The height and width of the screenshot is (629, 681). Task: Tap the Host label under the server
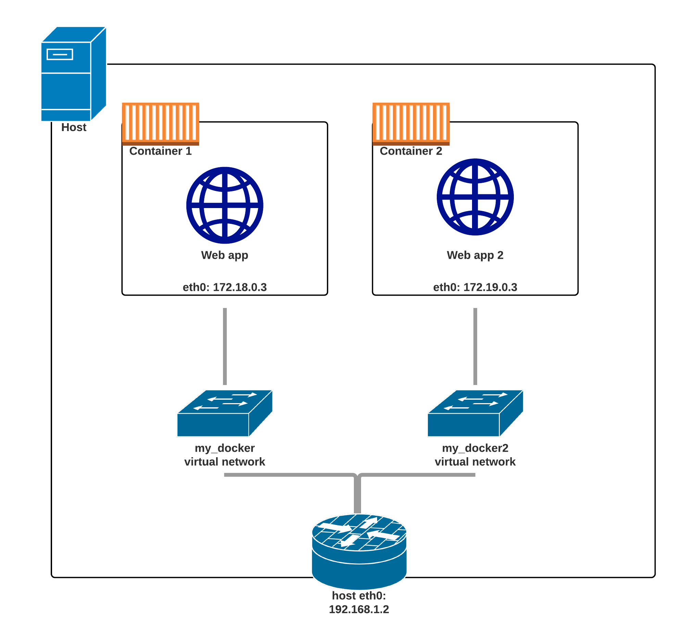coord(74,127)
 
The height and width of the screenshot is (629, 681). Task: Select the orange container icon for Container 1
coord(161,124)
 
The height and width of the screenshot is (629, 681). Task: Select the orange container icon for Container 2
coord(411,124)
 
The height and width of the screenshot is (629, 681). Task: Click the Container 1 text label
coord(160,151)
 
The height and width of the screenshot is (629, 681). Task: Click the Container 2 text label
coord(411,151)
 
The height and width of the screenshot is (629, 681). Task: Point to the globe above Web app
coord(225,205)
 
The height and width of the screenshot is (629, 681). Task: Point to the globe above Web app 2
coord(475,197)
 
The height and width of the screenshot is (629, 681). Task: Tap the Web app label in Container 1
coord(225,255)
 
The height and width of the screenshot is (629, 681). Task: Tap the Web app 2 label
coord(475,255)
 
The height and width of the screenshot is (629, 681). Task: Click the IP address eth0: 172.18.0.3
coord(225,287)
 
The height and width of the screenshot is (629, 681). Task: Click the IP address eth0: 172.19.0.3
coord(475,287)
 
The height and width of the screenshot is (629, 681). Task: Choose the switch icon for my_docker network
coord(224,413)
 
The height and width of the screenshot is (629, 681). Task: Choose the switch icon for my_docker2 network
coord(475,413)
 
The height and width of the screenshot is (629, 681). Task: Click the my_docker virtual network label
coord(225,455)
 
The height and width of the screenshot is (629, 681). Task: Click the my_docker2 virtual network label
coord(475,455)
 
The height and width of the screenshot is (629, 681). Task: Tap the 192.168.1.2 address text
coord(359,609)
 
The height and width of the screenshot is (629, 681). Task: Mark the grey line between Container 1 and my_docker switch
coord(225,346)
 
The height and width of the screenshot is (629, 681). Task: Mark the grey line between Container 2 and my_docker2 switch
coord(475,346)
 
